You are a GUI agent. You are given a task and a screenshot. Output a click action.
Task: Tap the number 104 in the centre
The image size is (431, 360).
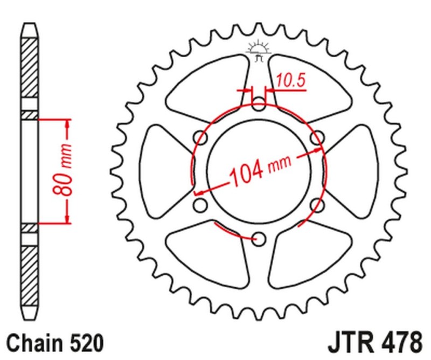pos(247,173)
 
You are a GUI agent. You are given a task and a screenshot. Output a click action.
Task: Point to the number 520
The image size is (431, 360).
pos(83,342)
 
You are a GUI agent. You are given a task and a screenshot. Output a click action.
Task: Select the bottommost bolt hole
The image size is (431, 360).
pos(259,238)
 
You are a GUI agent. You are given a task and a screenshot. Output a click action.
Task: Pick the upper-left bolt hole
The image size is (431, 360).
pos(200,136)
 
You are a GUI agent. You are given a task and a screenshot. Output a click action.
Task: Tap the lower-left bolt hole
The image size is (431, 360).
pos(200,205)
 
